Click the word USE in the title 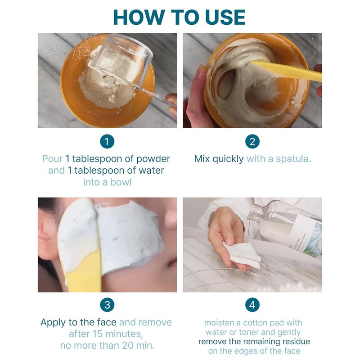(x=225, y=17)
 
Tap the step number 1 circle (x=107, y=141)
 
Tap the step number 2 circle (x=252, y=141)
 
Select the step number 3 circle (x=107, y=305)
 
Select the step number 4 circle (x=252, y=305)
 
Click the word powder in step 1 (x=153, y=159)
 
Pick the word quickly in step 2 (x=228, y=159)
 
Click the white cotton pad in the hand (x=242, y=254)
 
